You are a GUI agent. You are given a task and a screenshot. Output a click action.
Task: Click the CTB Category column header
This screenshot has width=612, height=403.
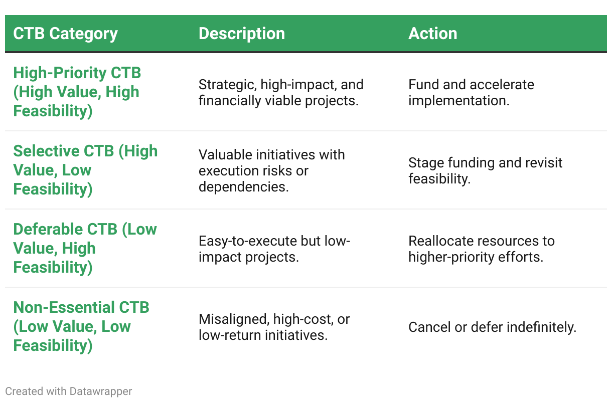[65, 34]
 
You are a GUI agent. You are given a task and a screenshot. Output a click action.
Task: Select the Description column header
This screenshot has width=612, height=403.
[242, 34]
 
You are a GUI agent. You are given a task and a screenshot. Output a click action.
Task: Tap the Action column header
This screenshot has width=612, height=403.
[433, 34]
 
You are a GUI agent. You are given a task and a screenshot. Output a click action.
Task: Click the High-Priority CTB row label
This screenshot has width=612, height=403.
[77, 92]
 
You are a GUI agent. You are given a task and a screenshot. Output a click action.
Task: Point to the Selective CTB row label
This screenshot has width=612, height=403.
[85, 170]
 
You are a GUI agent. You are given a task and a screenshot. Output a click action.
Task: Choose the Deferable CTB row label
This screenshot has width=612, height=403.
[85, 248]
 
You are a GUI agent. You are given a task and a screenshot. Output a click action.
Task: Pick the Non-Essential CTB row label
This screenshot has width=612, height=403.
[81, 326]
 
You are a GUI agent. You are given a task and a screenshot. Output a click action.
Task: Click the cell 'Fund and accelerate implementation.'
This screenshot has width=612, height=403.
[472, 92]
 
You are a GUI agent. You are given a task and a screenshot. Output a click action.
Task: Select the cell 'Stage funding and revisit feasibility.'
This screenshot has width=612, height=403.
[485, 170]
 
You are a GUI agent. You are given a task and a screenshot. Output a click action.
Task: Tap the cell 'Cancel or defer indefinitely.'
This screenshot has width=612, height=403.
[492, 327]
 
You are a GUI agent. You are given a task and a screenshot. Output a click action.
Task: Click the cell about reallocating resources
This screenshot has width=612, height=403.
[482, 249]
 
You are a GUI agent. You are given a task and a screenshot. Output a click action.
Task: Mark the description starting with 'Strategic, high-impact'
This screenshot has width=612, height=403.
[281, 92]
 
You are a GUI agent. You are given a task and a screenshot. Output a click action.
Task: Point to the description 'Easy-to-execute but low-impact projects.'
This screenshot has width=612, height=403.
[274, 249]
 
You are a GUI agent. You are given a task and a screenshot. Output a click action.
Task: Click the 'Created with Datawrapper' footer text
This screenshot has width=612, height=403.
[69, 391]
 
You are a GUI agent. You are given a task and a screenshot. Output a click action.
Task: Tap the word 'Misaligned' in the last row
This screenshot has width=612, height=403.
[234, 319]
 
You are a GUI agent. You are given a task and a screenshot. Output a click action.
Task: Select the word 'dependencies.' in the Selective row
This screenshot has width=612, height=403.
[243, 187]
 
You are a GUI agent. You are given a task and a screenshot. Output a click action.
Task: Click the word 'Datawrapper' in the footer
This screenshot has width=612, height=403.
[101, 391]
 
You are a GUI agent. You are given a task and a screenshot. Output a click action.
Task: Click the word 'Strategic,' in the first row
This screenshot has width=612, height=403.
[228, 85]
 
